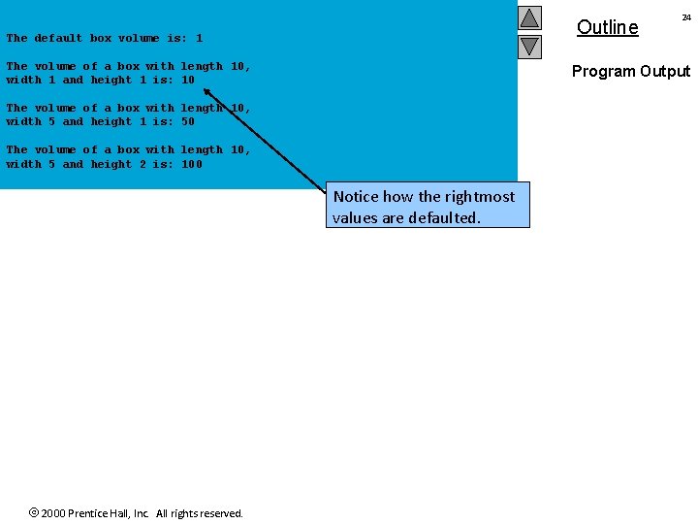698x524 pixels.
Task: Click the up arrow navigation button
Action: click(529, 17)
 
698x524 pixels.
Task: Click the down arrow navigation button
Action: click(529, 46)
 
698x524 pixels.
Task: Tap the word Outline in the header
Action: click(607, 27)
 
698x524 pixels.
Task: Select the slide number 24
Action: click(686, 17)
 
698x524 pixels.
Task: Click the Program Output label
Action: click(630, 71)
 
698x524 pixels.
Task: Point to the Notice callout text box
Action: click(428, 207)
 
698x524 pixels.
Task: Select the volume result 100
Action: click(192, 164)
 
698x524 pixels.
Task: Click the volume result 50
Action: click(188, 122)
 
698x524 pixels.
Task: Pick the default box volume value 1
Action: click(199, 39)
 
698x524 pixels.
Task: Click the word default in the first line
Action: click(58, 39)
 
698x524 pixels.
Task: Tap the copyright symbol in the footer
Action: click(34, 512)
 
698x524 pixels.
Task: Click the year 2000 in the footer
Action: click(54, 513)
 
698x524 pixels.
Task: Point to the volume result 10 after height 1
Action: click(188, 81)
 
